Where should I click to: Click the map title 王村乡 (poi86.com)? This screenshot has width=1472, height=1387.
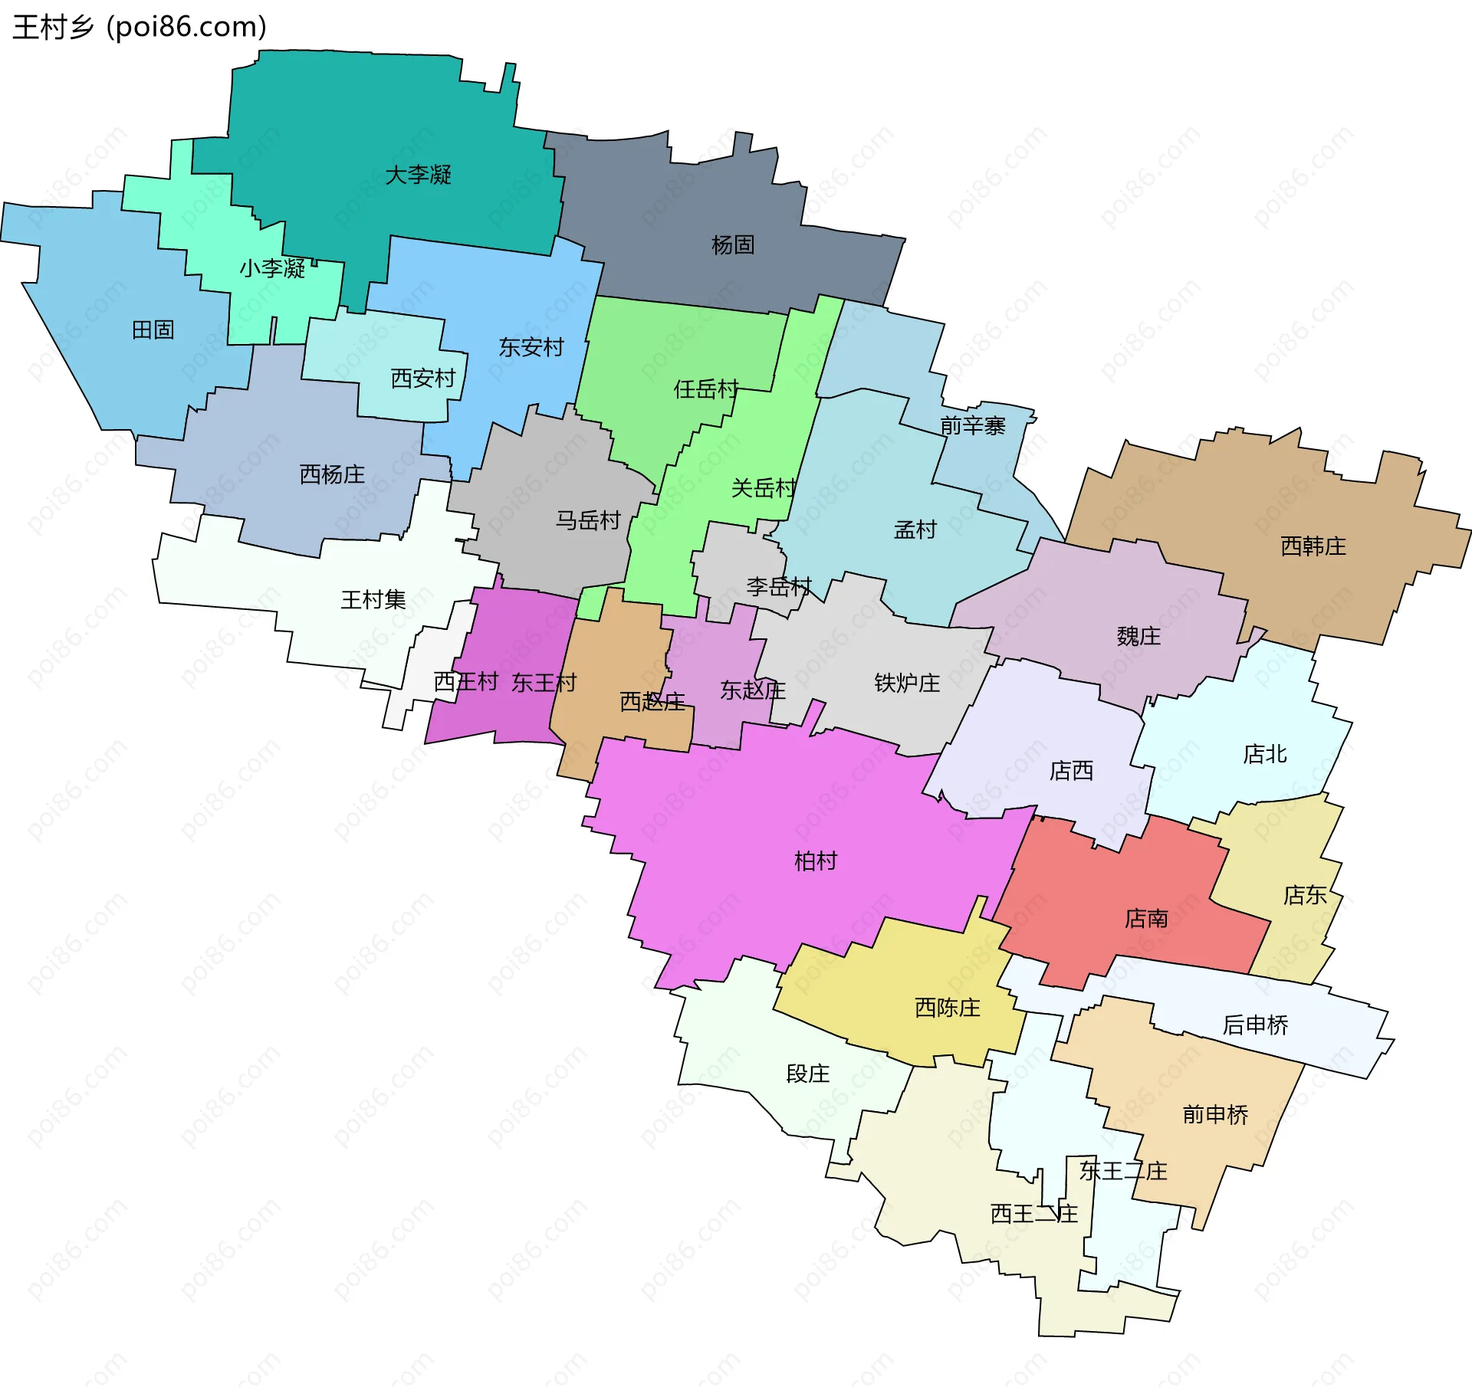tap(140, 27)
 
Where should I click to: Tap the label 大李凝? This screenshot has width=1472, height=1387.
tap(418, 175)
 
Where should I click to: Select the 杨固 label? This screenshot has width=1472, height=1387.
tap(733, 244)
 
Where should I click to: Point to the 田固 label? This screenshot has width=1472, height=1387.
tap(153, 330)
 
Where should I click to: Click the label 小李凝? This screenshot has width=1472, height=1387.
tap(272, 268)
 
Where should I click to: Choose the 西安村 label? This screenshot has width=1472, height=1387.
tap(423, 378)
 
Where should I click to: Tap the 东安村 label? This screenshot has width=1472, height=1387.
tap(531, 347)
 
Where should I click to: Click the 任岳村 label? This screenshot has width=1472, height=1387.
tap(706, 389)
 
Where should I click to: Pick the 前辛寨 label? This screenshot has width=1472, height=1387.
tap(972, 425)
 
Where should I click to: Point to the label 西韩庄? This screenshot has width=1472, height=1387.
tap(1313, 546)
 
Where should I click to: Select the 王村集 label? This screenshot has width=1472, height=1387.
tap(373, 599)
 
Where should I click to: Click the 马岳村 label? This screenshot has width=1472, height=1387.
tap(588, 520)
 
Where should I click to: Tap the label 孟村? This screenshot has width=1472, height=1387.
tap(915, 530)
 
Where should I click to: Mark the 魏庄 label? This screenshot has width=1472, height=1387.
tap(1138, 635)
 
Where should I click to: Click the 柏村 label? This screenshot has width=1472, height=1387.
tap(815, 861)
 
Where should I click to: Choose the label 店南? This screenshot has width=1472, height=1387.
tap(1146, 917)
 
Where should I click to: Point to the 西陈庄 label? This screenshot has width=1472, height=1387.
tap(948, 1007)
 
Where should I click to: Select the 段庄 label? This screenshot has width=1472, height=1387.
tap(808, 1073)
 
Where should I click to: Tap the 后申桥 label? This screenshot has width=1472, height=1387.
tap(1255, 1025)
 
